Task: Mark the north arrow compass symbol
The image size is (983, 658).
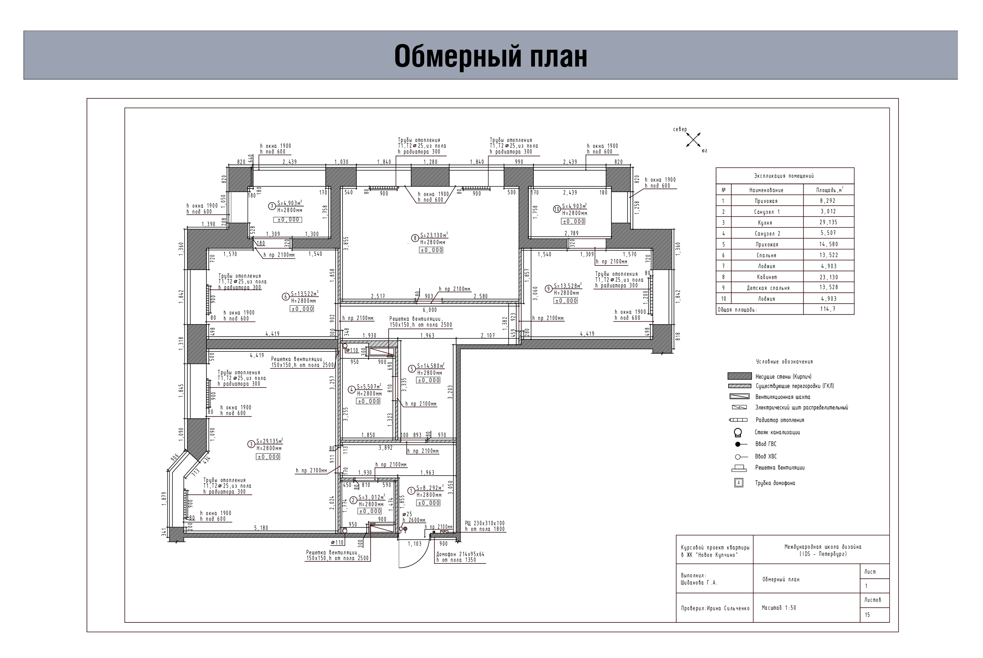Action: (x=693, y=139)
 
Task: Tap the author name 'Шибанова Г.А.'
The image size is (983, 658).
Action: (x=699, y=582)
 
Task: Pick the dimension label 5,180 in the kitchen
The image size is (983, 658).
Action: (x=261, y=528)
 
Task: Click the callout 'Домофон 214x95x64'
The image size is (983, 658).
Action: (x=460, y=554)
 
